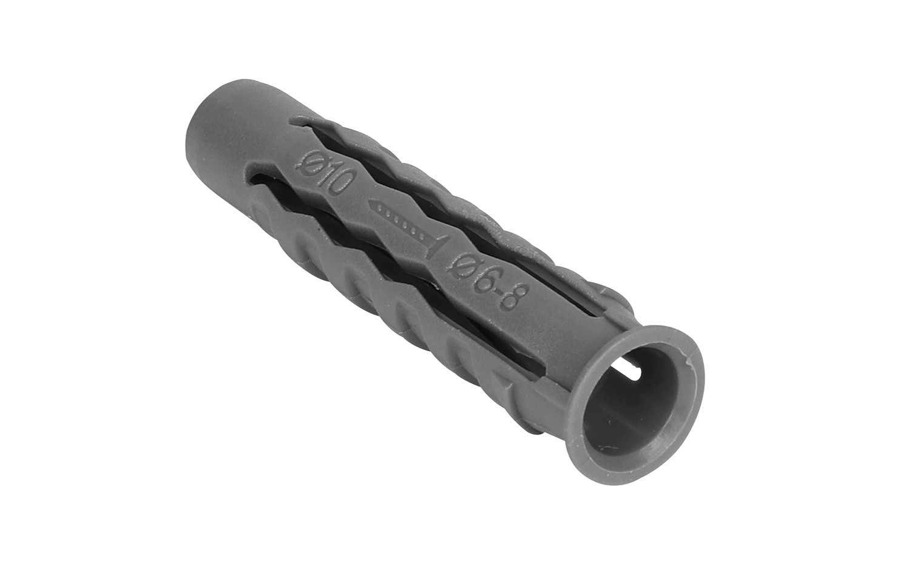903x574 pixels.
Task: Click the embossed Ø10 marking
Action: coord(326,175)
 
